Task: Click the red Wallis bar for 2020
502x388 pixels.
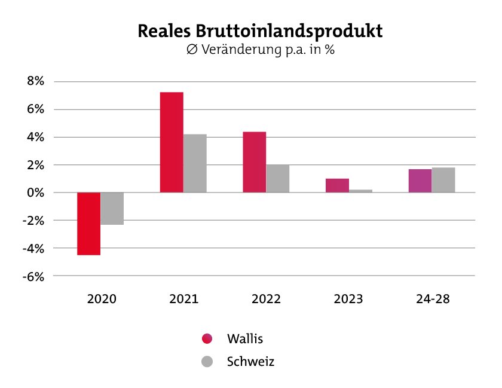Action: point(89,224)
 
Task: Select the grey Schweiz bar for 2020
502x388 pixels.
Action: point(112,209)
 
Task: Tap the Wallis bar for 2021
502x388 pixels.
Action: point(172,142)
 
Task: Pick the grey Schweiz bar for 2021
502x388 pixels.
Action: point(195,163)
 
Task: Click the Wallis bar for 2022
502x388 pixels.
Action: point(254,162)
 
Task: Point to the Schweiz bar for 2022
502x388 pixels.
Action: point(277,179)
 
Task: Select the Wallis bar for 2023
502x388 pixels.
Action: point(337,185)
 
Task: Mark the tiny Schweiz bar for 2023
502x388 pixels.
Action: point(360,191)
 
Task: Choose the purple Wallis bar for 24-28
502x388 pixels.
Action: point(420,181)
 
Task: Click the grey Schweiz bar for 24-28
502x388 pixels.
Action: point(443,180)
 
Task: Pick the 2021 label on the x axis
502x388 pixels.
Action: point(183,299)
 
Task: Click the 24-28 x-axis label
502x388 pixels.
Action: point(433,299)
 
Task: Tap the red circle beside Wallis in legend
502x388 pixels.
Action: point(207,339)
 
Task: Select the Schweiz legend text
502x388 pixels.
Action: point(250,362)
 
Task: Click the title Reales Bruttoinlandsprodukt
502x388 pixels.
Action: point(260,30)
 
